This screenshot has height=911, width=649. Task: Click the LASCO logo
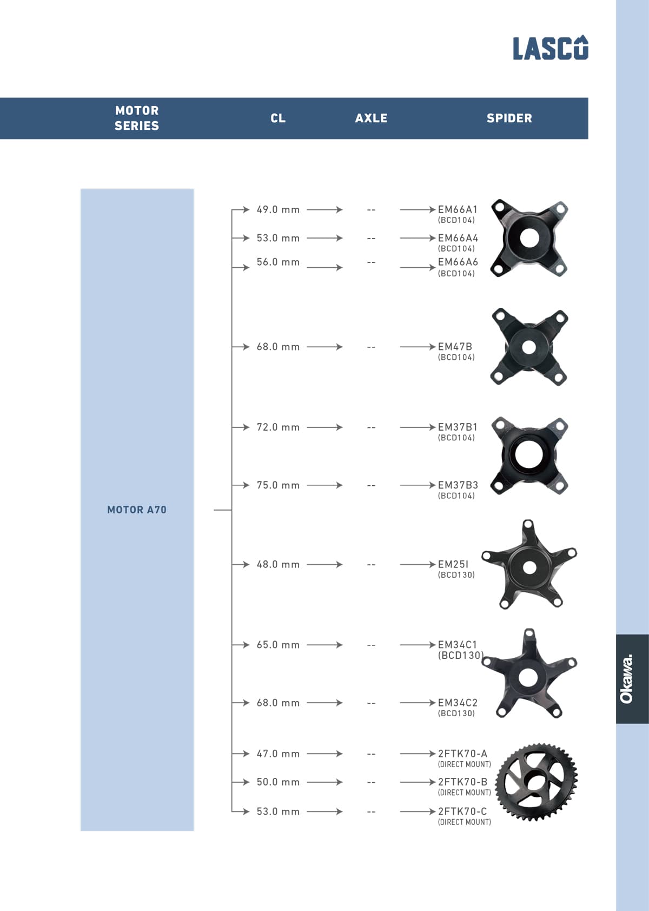(x=550, y=48)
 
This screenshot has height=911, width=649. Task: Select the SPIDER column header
(x=509, y=118)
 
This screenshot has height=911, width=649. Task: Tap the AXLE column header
(x=371, y=118)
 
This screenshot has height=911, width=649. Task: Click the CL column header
(x=278, y=118)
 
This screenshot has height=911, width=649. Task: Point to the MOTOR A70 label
(x=137, y=510)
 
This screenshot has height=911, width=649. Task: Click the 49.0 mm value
(x=278, y=209)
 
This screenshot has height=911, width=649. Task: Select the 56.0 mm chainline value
(x=278, y=262)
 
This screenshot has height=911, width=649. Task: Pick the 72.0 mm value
(x=278, y=427)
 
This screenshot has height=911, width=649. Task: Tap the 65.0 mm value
(x=278, y=645)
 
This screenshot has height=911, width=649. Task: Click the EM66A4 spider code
(x=458, y=238)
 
